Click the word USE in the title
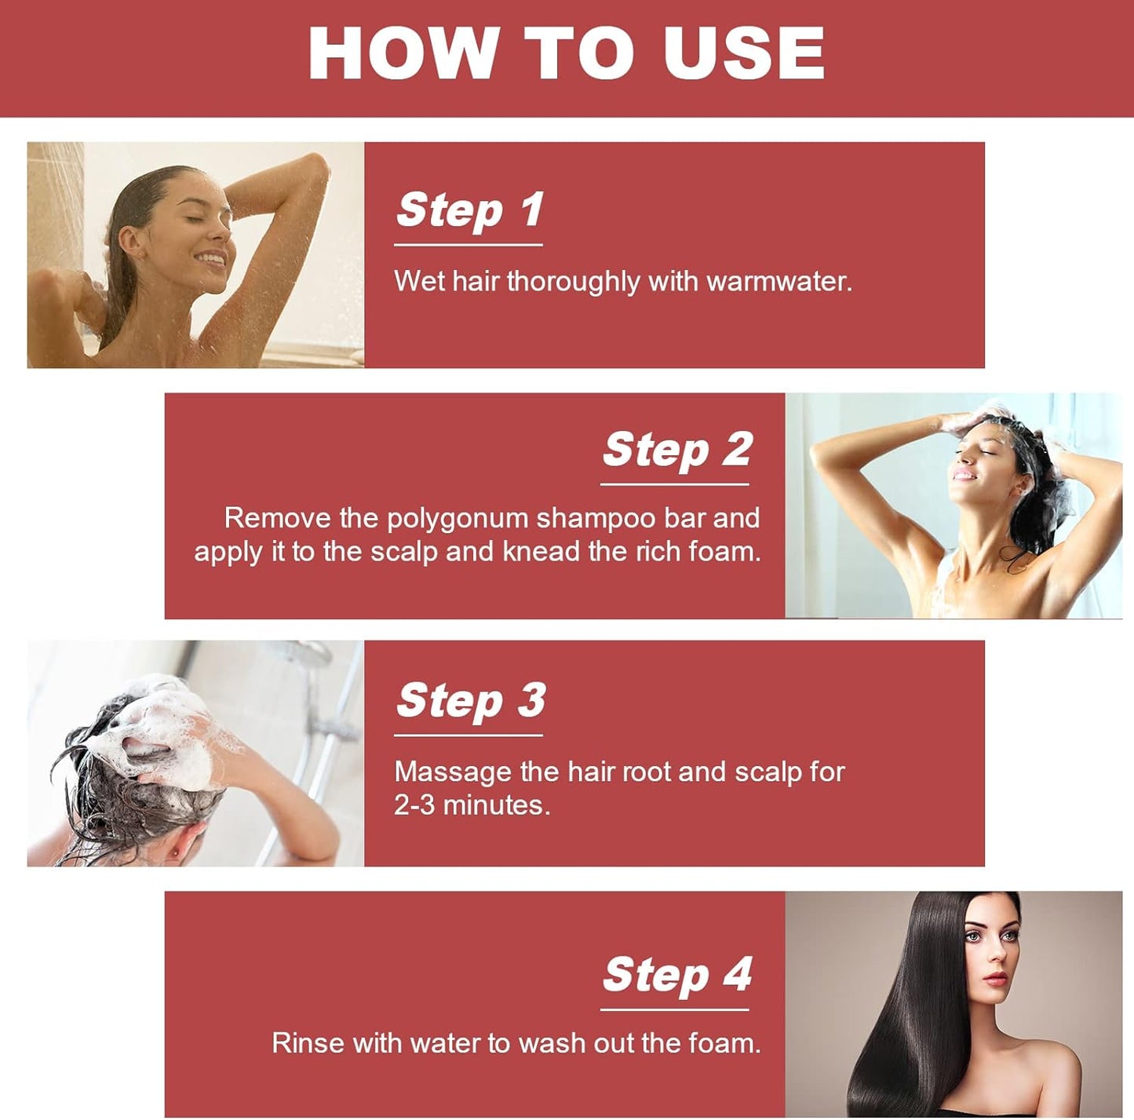(x=743, y=53)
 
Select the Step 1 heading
(x=469, y=209)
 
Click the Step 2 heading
(x=676, y=449)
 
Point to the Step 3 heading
(x=471, y=700)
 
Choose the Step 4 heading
(x=676, y=975)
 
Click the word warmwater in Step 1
(x=779, y=281)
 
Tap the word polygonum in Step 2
(x=458, y=519)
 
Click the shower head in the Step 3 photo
(x=306, y=651)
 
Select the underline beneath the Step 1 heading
(x=469, y=244)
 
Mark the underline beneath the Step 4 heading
(x=674, y=1009)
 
